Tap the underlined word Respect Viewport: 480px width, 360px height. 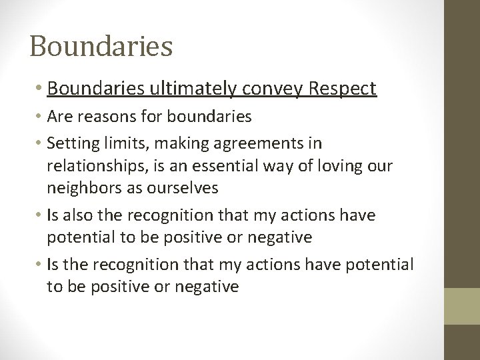pos(341,89)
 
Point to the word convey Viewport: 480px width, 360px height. pos(280,89)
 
